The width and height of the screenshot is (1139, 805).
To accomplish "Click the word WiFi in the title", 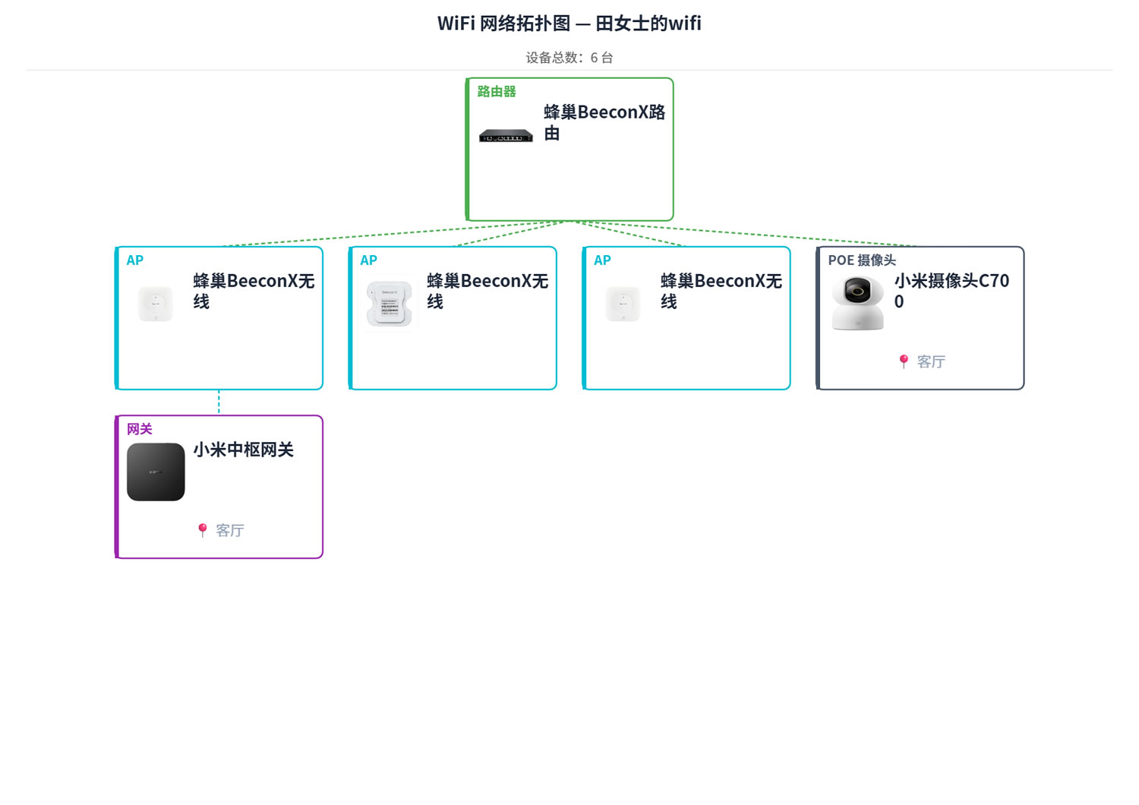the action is tap(456, 24).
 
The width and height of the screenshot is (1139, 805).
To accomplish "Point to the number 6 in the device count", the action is tap(593, 58).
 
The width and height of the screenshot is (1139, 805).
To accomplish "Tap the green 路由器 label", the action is tap(497, 92).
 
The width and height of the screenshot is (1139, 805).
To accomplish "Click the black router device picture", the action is tap(506, 136).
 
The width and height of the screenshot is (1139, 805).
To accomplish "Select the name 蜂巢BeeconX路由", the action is tap(604, 122).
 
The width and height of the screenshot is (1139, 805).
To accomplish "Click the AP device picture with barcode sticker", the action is tap(390, 304).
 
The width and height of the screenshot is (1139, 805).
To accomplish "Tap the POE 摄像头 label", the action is tap(861, 260).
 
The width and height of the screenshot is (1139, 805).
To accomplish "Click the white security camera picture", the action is tap(857, 303).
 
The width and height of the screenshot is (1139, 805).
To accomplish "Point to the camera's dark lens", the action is tap(857, 292).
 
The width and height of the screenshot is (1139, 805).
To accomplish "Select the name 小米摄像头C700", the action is tap(951, 291).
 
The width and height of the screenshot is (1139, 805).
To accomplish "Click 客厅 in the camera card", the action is tap(930, 361).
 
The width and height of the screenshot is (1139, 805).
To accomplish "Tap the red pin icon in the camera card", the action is tap(904, 361).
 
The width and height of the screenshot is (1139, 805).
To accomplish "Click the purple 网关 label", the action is tap(139, 429).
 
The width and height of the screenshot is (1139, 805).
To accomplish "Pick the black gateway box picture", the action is tap(156, 472).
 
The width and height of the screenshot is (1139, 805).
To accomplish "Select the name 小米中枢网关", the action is tap(243, 450).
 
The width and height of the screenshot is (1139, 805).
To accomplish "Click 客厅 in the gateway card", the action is tap(229, 530).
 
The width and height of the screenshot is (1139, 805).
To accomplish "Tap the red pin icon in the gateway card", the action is tap(203, 530).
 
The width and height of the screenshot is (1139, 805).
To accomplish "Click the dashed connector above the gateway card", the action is tap(219, 402).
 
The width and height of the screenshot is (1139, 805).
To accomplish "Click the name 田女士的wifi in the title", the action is tap(648, 24).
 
